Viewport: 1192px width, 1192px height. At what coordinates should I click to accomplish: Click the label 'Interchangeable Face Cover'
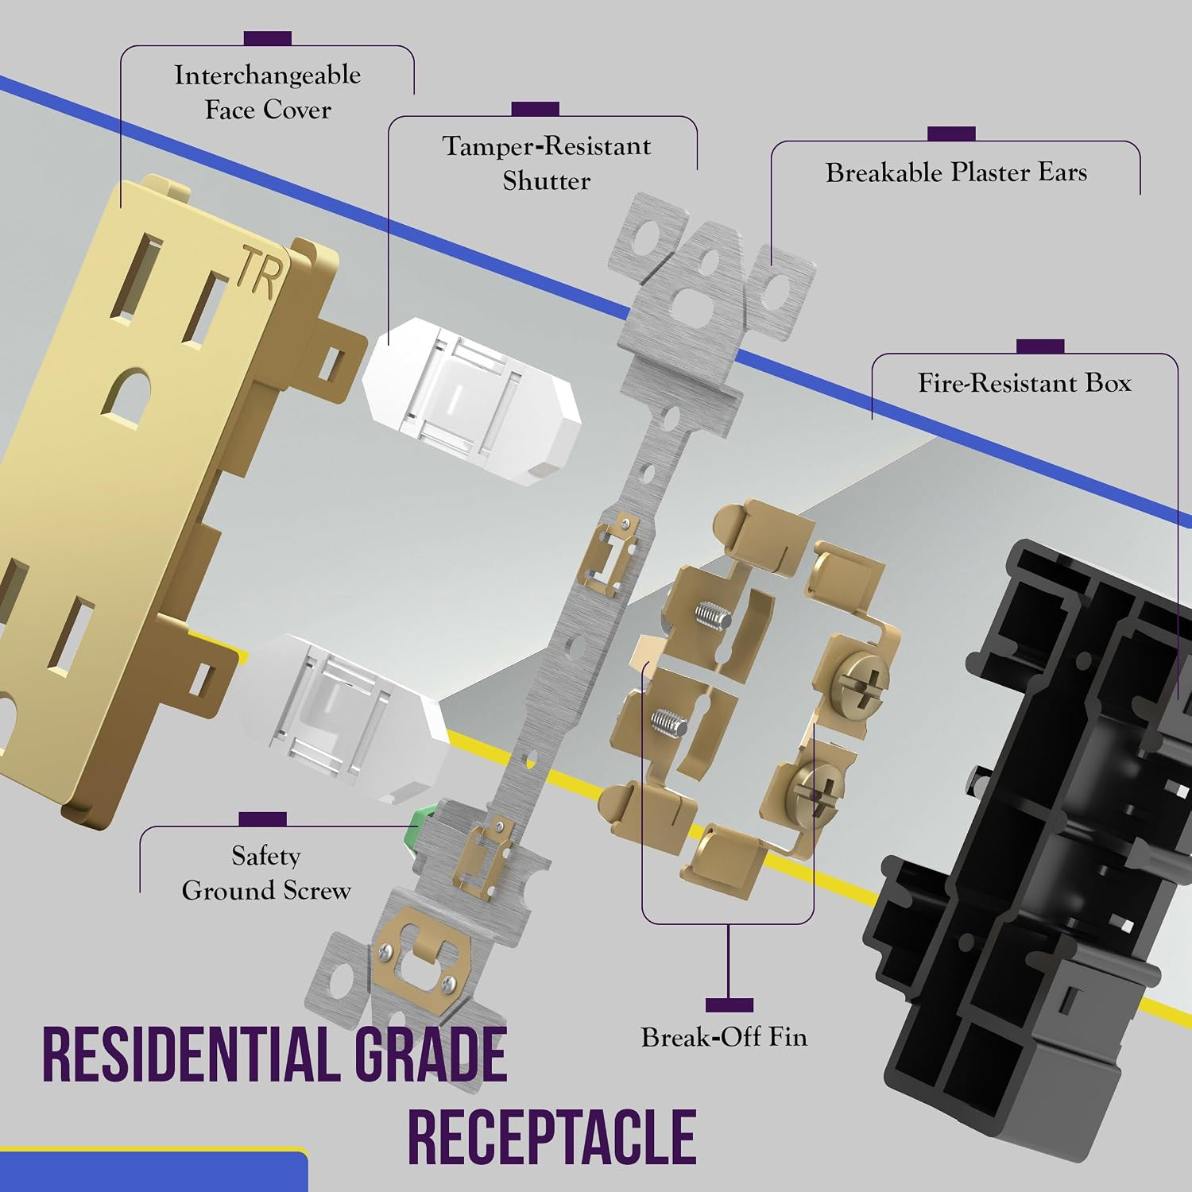268,92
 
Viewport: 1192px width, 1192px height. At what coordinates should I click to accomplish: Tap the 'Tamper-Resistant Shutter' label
547,163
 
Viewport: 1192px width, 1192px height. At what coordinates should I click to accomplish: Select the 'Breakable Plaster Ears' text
956,172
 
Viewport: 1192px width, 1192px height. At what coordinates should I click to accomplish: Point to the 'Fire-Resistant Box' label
1024,383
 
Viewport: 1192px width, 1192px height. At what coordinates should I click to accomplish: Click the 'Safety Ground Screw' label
266,873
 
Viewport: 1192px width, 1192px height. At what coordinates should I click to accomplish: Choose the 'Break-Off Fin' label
724,1037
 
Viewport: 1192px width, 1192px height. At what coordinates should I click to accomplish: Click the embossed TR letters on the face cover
260,273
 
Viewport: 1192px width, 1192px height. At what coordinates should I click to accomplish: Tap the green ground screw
421,829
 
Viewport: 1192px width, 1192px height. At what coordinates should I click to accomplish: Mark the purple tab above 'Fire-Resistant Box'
1040,346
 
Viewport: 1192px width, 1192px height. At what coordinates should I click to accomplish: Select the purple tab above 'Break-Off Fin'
729,1005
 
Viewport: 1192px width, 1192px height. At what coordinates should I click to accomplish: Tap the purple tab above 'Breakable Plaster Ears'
951,134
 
